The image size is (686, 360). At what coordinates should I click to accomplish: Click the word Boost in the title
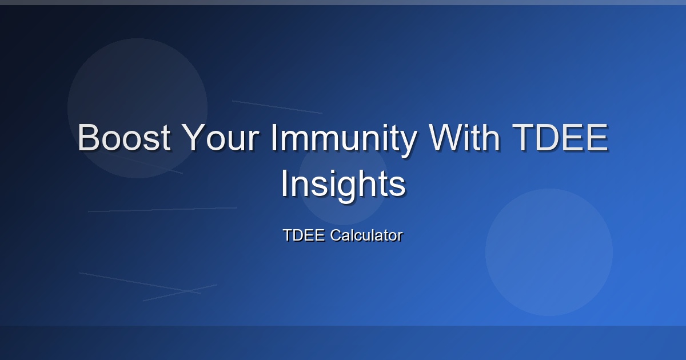point(124,138)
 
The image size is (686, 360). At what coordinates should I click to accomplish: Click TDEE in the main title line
point(560,138)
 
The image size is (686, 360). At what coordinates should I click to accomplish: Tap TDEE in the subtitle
point(304,235)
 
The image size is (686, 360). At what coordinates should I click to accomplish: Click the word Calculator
point(366,235)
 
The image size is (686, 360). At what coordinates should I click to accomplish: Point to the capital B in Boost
point(88,138)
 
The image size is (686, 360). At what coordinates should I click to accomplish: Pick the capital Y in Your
point(194,138)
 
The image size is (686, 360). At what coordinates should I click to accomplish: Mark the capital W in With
point(446,138)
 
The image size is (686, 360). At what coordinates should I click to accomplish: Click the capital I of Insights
point(285,183)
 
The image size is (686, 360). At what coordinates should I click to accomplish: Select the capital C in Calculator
point(336,235)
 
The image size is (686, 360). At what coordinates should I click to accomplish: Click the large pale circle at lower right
point(549,252)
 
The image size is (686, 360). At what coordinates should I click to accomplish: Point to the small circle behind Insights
point(343,180)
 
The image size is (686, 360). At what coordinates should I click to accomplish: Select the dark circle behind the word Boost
point(138,108)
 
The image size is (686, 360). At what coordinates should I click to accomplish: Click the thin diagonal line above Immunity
point(277,107)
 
